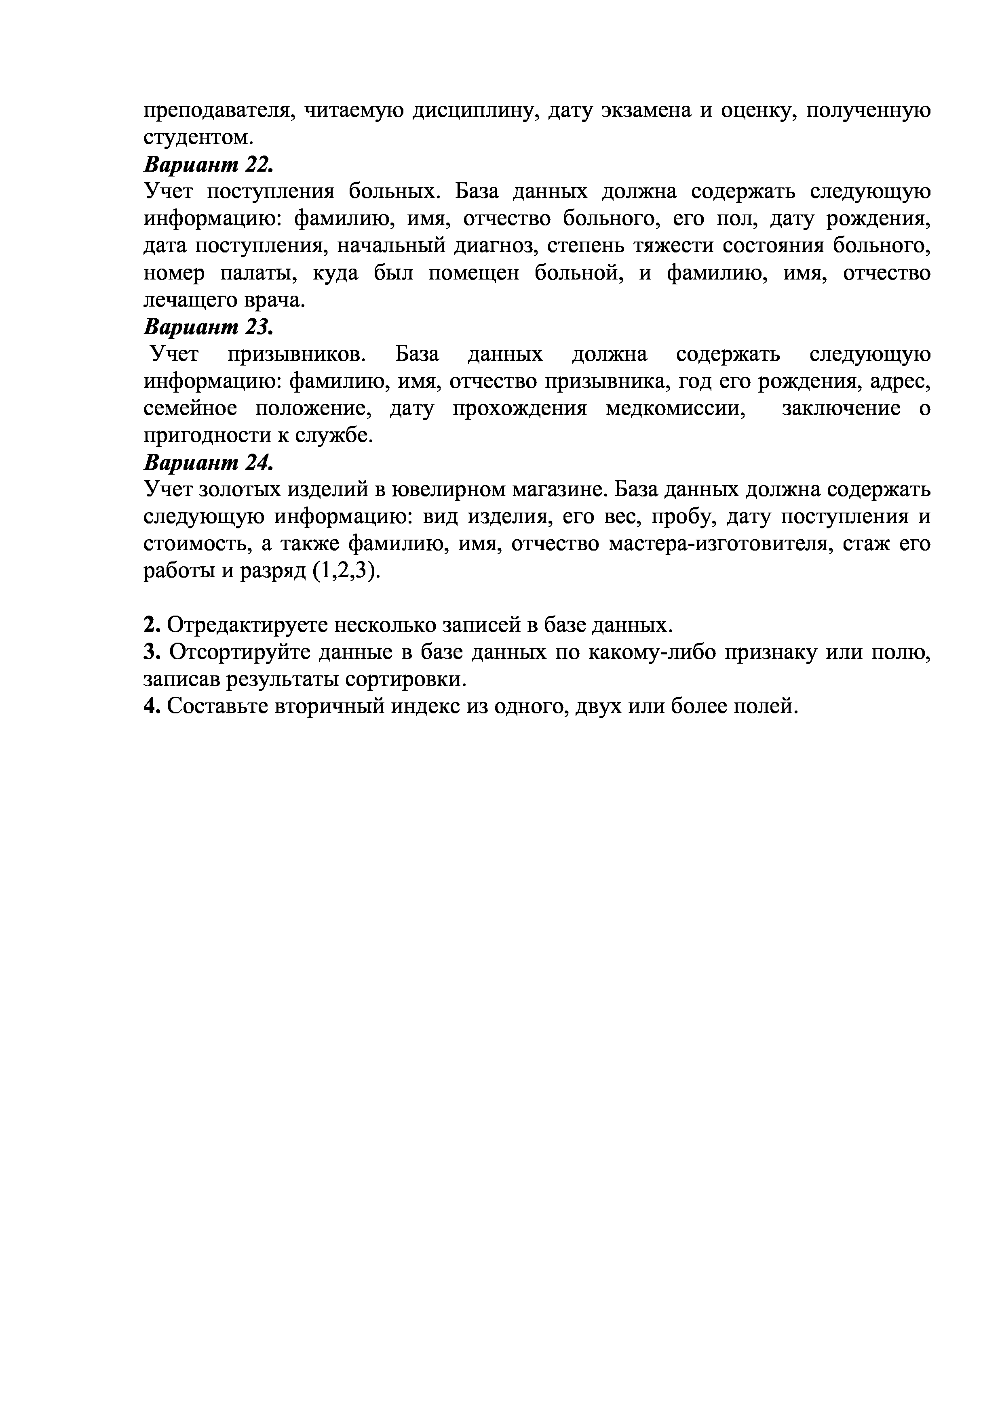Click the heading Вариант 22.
207,165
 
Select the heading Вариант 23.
207,327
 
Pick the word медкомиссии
673,408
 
